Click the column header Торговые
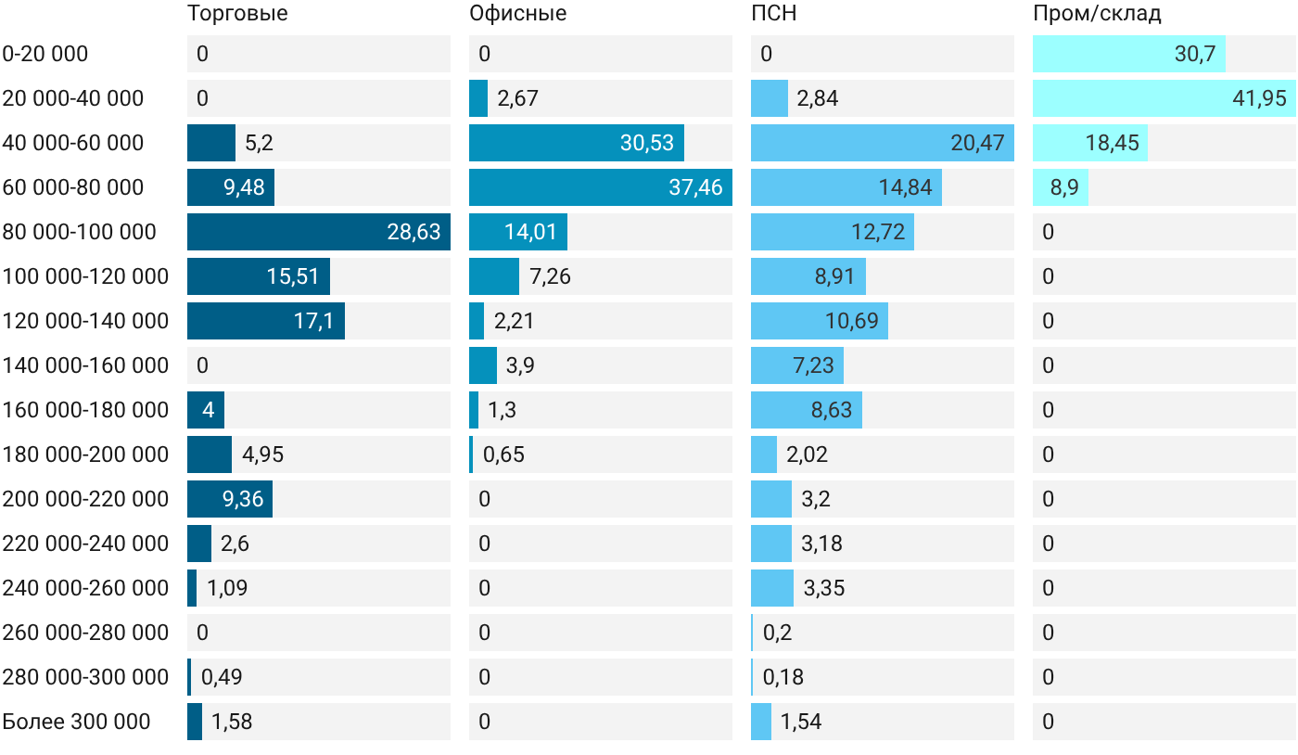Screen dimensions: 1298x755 [x=237, y=13]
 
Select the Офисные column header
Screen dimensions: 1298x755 [x=517, y=13]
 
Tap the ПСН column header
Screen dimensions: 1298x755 [x=773, y=13]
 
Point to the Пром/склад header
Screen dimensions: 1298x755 [x=1097, y=13]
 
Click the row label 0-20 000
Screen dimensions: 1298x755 [x=45, y=54]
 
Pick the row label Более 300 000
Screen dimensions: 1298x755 [x=76, y=722]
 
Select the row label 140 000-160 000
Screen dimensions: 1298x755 [x=85, y=365]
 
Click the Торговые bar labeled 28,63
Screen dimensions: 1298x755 [x=319, y=232]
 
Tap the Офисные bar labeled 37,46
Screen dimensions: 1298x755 [x=601, y=187]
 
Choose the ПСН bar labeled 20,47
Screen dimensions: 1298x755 [x=883, y=143]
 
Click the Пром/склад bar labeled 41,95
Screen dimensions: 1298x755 [x=1164, y=98]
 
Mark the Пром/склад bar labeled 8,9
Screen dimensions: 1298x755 [x=1061, y=187]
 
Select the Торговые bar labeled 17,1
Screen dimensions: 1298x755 [x=266, y=321]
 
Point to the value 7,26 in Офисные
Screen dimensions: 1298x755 [x=550, y=276]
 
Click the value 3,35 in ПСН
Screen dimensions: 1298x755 [x=824, y=588]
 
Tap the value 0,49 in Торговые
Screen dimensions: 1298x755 [x=222, y=677]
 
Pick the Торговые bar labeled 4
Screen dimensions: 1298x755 [x=206, y=410]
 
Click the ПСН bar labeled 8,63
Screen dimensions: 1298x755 [x=807, y=410]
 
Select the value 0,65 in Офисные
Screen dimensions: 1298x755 [x=503, y=454]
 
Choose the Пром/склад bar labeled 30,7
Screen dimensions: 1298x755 [x=1129, y=54]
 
